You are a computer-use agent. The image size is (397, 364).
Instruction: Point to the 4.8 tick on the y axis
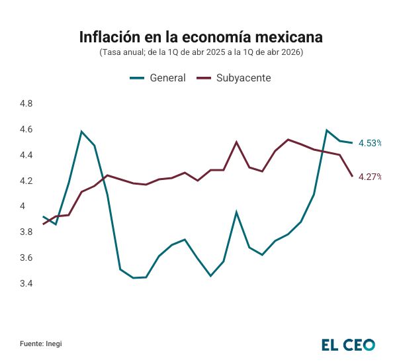coord(26,104)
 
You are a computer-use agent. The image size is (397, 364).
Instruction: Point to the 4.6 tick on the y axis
coord(26,130)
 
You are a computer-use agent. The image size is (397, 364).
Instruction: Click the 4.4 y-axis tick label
coord(26,156)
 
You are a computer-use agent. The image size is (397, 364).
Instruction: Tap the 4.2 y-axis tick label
coord(26,181)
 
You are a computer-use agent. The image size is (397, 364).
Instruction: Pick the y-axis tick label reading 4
coord(22,206)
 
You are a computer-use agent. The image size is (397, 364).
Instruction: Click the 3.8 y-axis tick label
coord(26,232)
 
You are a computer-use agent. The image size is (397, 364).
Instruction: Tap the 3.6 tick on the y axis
coord(26,258)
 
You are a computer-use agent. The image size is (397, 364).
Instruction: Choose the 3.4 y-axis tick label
coord(26,284)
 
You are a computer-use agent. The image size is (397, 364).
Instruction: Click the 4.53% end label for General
coord(370,143)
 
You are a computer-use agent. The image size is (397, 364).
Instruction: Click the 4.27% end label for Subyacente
coord(370,177)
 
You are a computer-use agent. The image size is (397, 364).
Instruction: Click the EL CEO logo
coord(347,344)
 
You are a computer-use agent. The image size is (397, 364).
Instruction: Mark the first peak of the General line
coord(81,132)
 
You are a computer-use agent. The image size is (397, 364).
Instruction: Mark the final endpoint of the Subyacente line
coord(352,176)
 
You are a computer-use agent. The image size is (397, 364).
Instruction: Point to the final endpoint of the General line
coord(352,142)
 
